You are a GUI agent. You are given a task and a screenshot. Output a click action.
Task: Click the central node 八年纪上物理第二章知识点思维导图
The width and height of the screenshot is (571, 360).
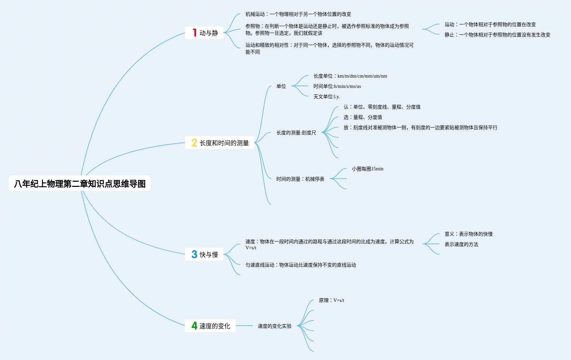pyautogui.click(x=80, y=184)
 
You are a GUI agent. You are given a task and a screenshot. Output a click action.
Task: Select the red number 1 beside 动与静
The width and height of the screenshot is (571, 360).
pyautogui.click(x=194, y=33)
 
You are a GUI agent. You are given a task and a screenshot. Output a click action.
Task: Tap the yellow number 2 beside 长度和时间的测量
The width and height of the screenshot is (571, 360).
pyautogui.click(x=194, y=143)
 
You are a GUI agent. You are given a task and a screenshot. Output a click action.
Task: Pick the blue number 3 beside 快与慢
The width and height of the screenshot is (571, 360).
pyautogui.click(x=194, y=254)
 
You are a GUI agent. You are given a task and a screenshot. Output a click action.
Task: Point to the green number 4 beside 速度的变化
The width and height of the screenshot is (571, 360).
pyautogui.click(x=194, y=326)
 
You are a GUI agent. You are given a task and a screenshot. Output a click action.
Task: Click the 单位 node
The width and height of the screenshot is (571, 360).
pyautogui.click(x=281, y=86)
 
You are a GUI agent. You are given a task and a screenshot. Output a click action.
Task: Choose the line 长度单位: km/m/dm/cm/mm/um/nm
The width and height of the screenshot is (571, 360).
pyautogui.click(x=350, y=76)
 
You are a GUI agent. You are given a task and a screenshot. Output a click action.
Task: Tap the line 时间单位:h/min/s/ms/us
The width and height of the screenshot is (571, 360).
pyautogui.click(x=337, y=86)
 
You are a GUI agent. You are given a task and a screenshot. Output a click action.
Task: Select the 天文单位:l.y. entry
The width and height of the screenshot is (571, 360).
pyautogui.click(x=326, y=97)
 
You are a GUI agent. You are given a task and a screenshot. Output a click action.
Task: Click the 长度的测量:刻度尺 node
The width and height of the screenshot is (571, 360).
pyautogui.click(x=296, y=133)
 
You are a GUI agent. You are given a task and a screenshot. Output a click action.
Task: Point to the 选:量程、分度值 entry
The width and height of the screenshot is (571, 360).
pyautogui.click(x=363, y=117)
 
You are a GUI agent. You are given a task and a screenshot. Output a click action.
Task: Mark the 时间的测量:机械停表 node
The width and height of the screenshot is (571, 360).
pyautogui.click(x=300, y=179)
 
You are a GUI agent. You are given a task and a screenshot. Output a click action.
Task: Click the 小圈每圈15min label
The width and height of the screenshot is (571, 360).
pyautogui.click(x=367, y=169)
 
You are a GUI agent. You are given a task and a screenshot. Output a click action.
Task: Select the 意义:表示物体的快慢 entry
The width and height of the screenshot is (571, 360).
pyautogui.click(x=468, y=234)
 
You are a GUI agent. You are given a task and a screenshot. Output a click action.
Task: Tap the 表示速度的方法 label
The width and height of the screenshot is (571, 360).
pyautogui.click(x=461, y=244)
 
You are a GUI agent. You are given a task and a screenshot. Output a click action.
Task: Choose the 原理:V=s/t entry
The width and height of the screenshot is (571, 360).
pyautogui.click(x=331, y=300)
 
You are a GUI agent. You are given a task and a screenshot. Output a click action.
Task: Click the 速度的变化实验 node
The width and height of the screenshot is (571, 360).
pyautogui.click(x=274, y=326)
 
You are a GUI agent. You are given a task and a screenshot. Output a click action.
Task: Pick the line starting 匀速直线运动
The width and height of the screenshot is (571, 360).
pyautogui.click(x=300, y=265)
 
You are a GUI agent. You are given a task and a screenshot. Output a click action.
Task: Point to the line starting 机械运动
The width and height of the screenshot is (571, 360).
pyautogui.click(x=298, y=14)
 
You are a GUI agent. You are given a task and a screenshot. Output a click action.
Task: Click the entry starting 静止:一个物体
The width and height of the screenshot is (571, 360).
pyautogui.click(x=497, y=35)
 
